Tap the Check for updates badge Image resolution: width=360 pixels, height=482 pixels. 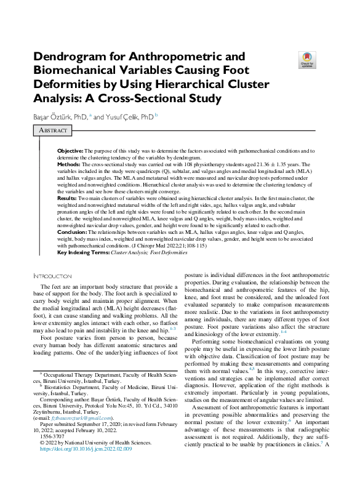pos(306,59)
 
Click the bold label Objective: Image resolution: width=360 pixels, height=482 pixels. pos(70,151)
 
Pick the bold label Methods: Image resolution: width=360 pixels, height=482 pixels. pos(69,165)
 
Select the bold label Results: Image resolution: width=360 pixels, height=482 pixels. pos(68,199)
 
